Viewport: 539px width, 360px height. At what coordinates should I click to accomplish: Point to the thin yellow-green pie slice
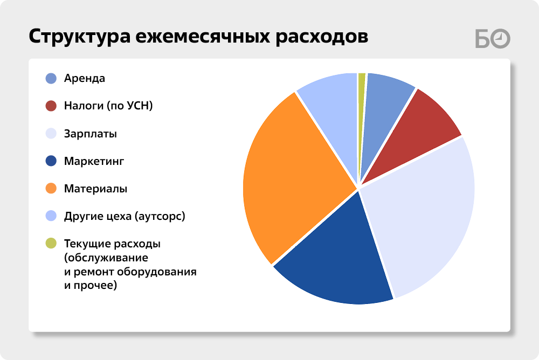point(361,103)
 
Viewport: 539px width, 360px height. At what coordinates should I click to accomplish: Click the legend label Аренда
point(85,78)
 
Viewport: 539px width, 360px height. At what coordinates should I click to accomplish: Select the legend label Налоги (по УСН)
point(108,106)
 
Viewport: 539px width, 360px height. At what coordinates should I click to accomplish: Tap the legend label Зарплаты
point(91,134)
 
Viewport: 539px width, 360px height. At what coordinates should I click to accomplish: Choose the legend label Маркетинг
point(94,161)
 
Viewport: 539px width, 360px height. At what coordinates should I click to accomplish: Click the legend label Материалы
point(95,189)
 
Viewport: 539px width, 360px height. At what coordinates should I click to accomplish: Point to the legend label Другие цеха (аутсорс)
point(125,216)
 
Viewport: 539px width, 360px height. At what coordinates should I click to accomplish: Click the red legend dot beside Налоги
point(51,106)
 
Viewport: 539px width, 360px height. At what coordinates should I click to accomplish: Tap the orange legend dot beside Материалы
point(51,189)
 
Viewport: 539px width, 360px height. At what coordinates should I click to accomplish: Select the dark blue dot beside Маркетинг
point(51,161)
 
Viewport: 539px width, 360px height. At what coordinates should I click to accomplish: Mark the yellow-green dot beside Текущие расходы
point(51,243)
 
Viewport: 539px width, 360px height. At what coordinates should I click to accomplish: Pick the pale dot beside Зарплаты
point(51,134)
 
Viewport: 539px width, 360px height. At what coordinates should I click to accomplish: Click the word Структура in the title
point(79,37)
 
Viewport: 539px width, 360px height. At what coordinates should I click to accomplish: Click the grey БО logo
point(493,38)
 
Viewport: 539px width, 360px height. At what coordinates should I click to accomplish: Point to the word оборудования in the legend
point(157,272)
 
